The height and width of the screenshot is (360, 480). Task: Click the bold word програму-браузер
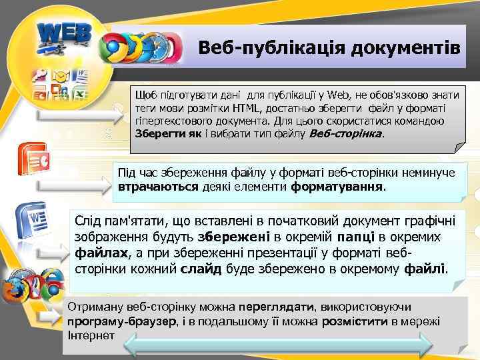tap(119, 321)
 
